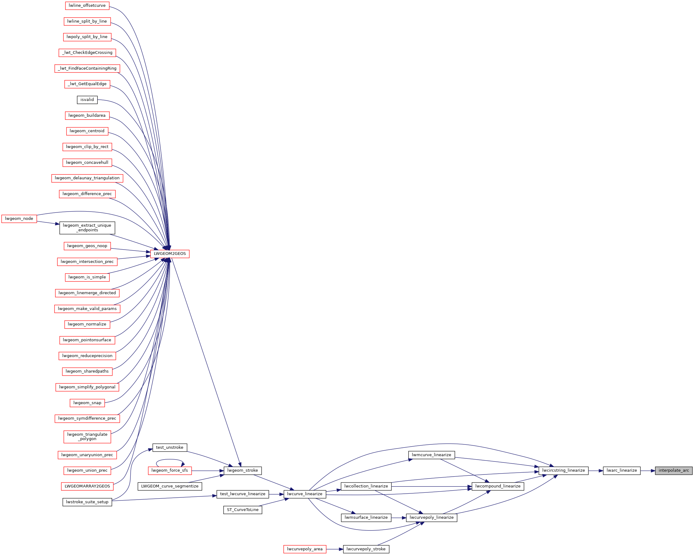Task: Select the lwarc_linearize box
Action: [622, 470]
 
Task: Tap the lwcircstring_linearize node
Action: [563, 470]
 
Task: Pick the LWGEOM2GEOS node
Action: [170, 254]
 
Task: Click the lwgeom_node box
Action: [19, 219]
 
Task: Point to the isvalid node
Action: [87, 100]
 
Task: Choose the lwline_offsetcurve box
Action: [87, 6]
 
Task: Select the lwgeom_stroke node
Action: [242, 470]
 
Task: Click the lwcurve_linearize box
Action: [304, 494]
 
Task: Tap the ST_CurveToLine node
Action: [243, 509]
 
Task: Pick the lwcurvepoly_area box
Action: [304, 549]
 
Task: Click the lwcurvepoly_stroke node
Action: [366, 549]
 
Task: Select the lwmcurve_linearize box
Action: [431, 455]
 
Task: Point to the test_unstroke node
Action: [170, 448]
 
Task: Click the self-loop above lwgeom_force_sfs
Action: [170, 460]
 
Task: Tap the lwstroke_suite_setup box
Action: [87, 502]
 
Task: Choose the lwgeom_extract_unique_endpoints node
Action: [87, 228]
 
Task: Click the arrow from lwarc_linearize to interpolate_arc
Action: [648, 471]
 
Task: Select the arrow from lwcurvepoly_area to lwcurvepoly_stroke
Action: [334, 549]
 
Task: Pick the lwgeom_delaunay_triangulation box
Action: [87, 178]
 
